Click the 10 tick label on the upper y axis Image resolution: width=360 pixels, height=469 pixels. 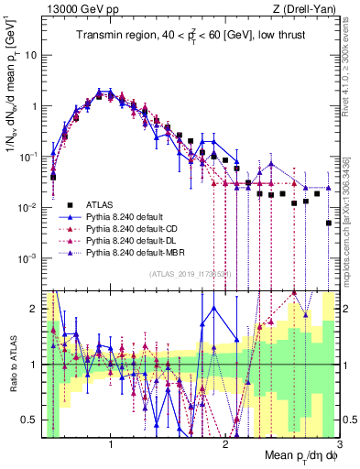click(30, 54)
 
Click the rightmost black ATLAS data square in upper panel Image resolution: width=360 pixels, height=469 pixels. click(329, 223)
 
